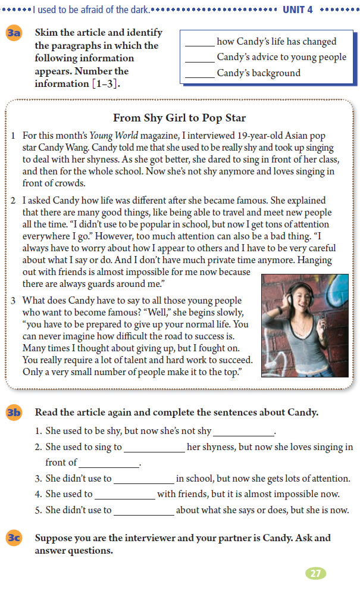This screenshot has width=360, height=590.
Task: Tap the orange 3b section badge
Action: (x=14, y=413)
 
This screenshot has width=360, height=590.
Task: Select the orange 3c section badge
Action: (x=14, y=538)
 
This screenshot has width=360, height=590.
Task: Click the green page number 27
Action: (x=316, y=573)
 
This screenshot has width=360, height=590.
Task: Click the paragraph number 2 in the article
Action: (x=13, y=201)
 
